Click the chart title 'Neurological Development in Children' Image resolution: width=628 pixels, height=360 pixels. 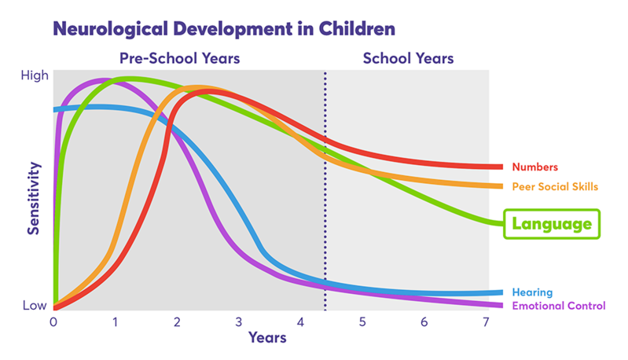(x=223, y=29)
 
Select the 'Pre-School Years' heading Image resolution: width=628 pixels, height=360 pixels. (x=179, y=58)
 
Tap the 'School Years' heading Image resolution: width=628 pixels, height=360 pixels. (x=408, y=58)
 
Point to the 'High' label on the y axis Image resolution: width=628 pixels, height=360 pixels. (x=36, y=75)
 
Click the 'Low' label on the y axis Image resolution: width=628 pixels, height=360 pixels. (x=35, y=305)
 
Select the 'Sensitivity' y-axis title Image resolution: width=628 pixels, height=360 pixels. (x=34, y=198)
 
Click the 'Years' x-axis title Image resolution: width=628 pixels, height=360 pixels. (x=267, y=338)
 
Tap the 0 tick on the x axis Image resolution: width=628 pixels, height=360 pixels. (x=53, y=321)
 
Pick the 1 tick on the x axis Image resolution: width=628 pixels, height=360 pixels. (x=116, y=321)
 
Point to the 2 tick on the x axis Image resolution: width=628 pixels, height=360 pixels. (x=177, y=321)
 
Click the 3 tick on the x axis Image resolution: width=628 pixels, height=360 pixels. (x=239, y=321)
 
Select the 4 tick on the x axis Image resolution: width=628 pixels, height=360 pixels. (x=300, y=321)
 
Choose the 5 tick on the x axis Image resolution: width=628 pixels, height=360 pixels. (x=362, y=321)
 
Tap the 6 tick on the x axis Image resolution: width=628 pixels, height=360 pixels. (x=424, y=321)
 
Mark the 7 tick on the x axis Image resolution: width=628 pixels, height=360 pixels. (x=485, y=321)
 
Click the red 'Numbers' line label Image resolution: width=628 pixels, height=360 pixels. (x=534, y=167)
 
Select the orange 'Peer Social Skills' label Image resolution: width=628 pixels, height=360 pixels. (x=555, y=187)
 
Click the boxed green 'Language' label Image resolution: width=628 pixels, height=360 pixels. (x=551, y=224)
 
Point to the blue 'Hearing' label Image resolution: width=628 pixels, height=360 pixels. (x=532, y=292)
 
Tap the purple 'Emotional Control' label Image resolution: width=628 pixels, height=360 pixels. (x=559, y=306)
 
